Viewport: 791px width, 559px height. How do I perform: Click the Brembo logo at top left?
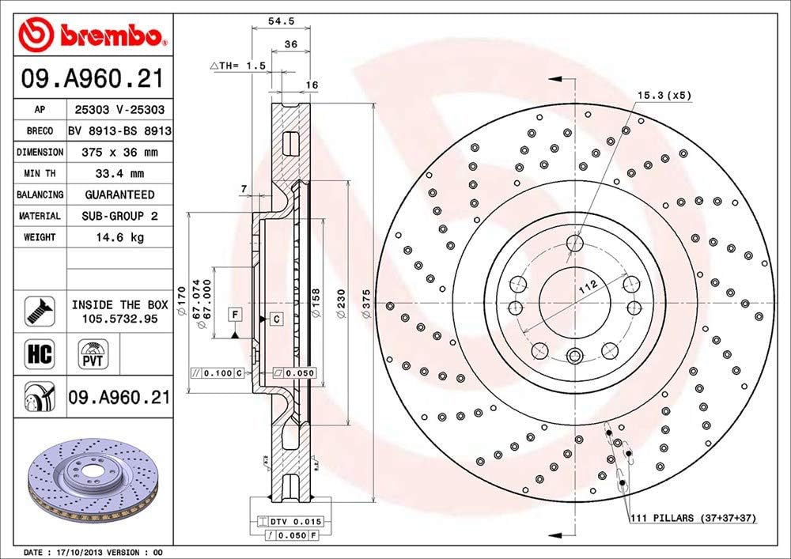tap(94, 34)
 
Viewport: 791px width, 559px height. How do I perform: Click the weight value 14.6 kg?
tap(119, 237)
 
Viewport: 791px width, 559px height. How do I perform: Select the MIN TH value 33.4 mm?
tap(119, 173)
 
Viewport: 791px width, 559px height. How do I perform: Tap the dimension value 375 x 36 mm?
tap(119, 152)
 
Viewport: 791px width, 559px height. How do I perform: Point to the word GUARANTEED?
tap(119, 195)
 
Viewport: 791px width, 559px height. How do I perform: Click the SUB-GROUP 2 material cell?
tap(119, 216)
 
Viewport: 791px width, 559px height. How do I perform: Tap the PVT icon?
tap(93, 353)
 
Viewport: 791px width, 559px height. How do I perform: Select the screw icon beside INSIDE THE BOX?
tap(39, 311)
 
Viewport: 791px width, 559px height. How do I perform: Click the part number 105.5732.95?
tap(119, 318)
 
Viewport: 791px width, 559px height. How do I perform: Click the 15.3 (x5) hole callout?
tap(664, 96)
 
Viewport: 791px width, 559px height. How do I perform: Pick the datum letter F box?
tap(235, 315)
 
